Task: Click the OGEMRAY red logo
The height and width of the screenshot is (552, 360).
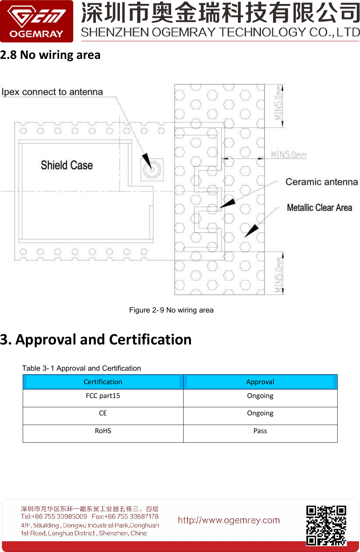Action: pos(37,21)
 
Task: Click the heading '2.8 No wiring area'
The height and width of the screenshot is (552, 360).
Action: pos(50,55)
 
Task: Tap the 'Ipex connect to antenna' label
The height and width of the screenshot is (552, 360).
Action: pos(52,92)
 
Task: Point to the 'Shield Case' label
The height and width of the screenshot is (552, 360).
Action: pos(67,165)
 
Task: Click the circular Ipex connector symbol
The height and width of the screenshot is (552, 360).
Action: pos(152,170)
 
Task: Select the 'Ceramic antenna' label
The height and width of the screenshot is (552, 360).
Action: pos(321,182)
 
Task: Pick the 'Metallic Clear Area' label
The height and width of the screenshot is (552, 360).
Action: pos(319,208)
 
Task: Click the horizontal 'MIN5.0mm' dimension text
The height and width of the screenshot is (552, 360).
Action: pos(288,155)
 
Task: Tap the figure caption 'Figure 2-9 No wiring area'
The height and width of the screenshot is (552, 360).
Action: pos(171,310)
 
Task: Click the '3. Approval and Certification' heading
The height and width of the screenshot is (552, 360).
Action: pos(96,340)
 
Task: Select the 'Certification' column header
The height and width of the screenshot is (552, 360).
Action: pos(103,382)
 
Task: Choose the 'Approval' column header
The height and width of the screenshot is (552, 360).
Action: pos(260,382)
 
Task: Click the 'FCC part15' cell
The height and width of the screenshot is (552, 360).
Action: pos(103,396)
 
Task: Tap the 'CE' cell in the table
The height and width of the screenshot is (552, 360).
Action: pos(103,413)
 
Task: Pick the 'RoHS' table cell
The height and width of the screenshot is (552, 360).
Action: pos(103,431)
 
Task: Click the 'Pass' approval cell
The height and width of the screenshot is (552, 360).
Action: pos(260,431)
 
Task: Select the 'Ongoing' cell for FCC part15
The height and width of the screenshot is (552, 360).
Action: pos(260,396)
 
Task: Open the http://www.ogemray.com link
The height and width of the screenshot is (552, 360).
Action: pos(229,520)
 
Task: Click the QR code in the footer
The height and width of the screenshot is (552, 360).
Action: pos(326,525)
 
